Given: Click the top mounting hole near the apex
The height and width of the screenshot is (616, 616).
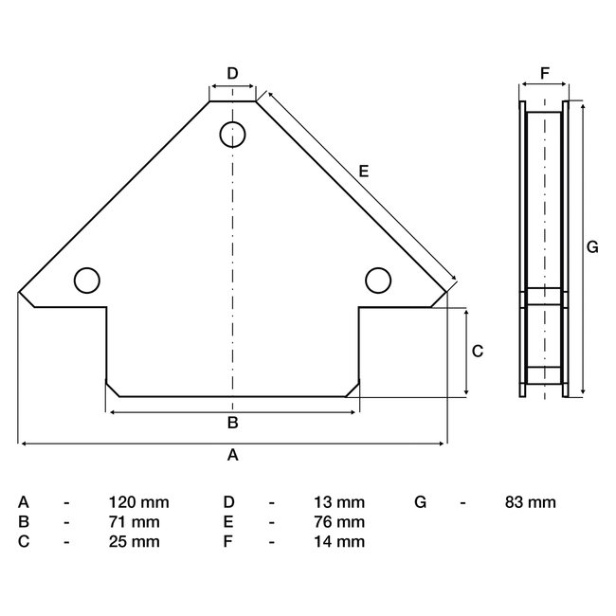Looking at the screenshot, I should pyautogui.click(x=233, y=135).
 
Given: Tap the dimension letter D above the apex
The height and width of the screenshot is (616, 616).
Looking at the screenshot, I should pyautogui.click(x=232, y=73).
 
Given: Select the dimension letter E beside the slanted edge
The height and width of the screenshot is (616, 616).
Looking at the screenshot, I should pyautogui.click(x=363, y=172).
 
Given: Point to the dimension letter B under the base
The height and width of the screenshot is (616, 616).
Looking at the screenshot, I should pyautogui.click(x=232, y=423).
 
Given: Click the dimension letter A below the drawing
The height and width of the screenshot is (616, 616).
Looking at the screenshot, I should pyautogui.click(x=232, y=455).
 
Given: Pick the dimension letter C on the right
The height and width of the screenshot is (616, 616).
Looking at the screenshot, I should pyautogui.click(x=478, y=351).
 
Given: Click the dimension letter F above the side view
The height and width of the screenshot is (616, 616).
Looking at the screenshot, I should pyautogui.click(x=544, y=73).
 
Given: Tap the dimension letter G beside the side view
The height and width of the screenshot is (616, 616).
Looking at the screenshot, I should pyautogui.click(x=592, y=247).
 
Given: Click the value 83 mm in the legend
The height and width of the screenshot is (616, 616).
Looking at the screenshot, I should pyautogui.click(x=530, y=502).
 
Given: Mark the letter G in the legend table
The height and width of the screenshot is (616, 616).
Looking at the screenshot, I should pyautogui.click(x=421, y=502).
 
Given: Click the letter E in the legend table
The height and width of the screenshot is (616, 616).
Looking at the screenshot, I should pyautogui.click(x=228, y=522).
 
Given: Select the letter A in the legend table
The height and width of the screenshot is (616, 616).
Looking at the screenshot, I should pyautogui.click(x=24, y=502).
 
